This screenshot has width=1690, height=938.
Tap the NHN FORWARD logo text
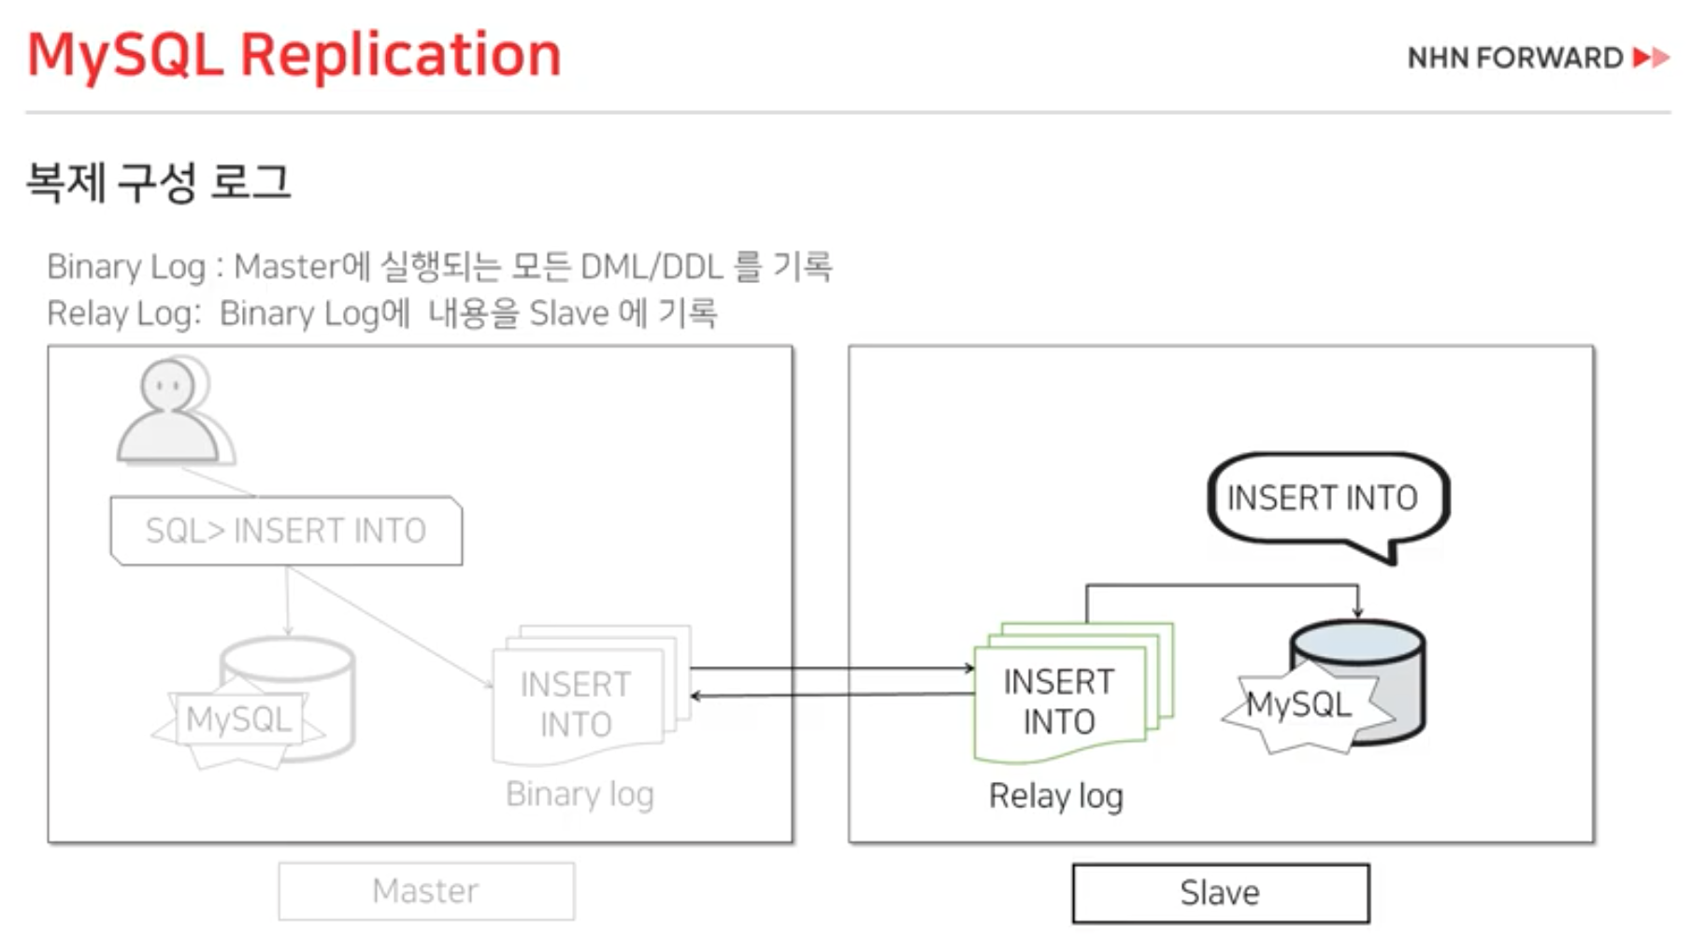point(1514,58)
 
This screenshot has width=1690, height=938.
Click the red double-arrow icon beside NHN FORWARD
point(1652,58)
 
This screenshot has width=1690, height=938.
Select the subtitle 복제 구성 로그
point(158,181)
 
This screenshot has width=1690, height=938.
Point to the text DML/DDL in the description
point(652,267)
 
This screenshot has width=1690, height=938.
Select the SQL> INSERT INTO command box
point(286,531)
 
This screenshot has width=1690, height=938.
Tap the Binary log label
point(580,794)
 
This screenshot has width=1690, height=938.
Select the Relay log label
point(1056,796)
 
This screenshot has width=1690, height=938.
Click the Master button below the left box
point(426,891)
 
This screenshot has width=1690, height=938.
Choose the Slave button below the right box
point(1220,893)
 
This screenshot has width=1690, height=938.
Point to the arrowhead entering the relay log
point(969,668)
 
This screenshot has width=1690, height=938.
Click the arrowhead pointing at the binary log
point(695,696)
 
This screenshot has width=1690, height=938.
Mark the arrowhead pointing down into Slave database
point(1357,612)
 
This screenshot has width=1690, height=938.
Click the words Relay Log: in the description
point(123,314)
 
